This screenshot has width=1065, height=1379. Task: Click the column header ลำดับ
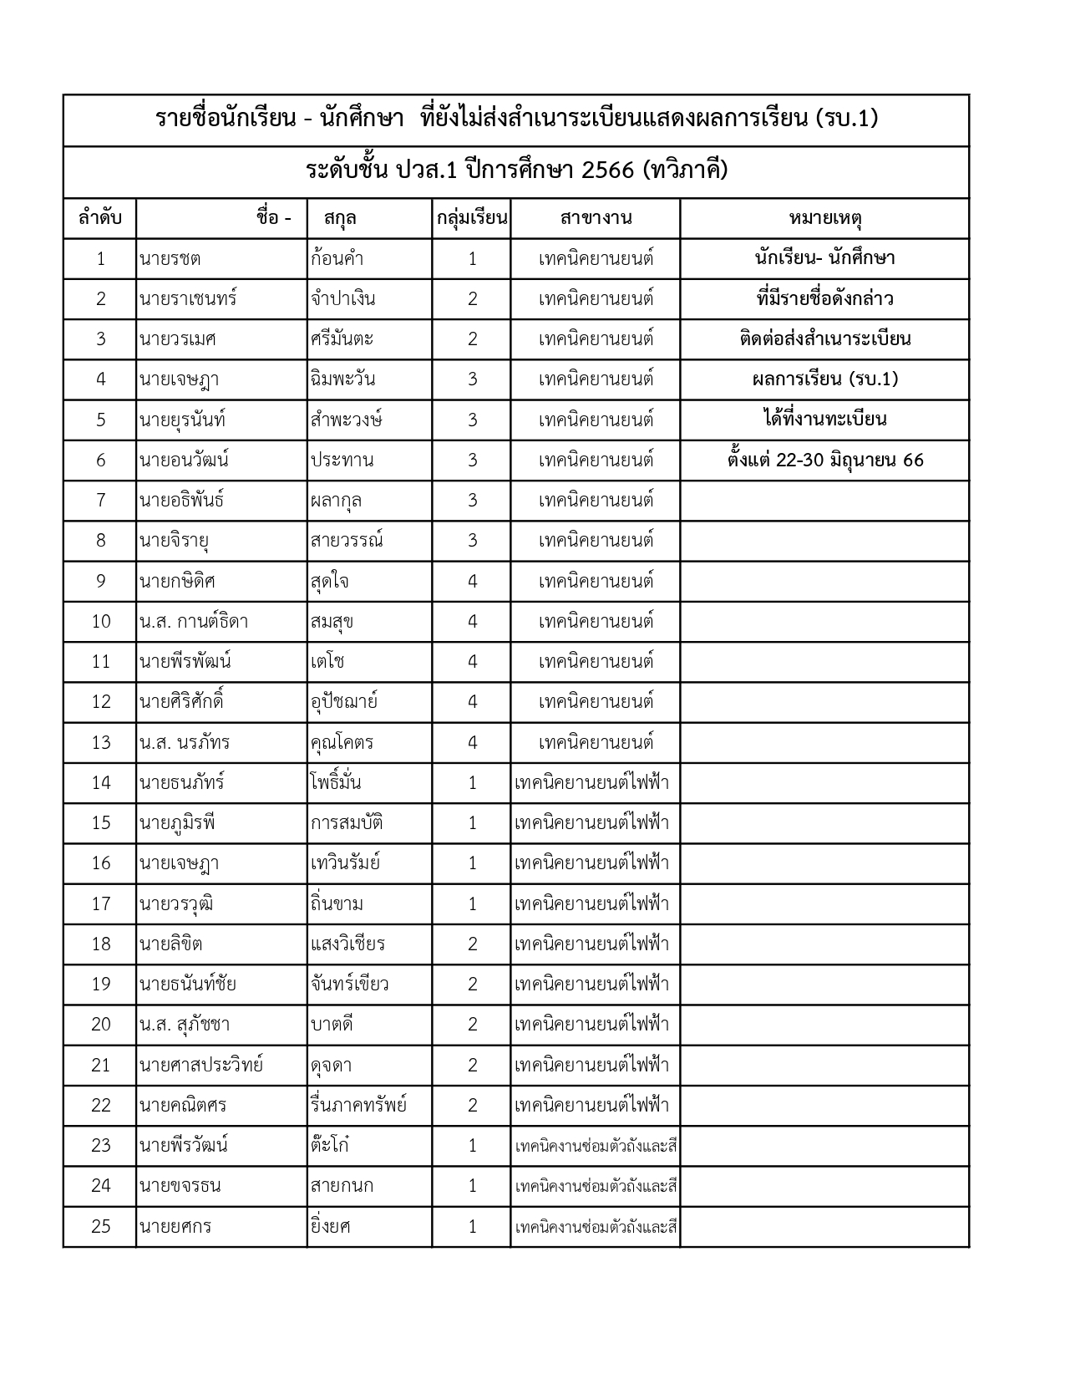(x=100, y=219)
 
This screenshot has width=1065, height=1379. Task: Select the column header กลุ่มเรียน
(x=472, y=219)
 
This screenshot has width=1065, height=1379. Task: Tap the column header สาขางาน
(x=596, y=219)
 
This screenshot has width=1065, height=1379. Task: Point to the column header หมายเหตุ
(x=824, y=219)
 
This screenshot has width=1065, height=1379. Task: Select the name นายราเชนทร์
(x=188, y=298)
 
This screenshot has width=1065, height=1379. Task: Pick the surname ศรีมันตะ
(x=342, y=339)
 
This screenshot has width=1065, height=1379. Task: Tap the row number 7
(x=100, y=501)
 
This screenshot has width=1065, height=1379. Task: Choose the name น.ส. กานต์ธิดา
(x=194, y=621)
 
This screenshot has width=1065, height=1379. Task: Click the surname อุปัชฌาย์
(x=343, y=702)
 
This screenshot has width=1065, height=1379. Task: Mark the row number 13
(x=100, y=742)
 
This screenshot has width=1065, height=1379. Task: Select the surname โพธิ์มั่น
(x=335, y=783)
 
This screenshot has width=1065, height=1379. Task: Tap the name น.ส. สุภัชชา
(x=185, y=1025)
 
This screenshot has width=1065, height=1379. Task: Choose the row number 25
(x=100, y=1226)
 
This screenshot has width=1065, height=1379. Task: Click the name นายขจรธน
(x=180, y=1186)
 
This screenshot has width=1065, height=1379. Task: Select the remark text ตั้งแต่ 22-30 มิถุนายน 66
(x=824, y=460)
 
